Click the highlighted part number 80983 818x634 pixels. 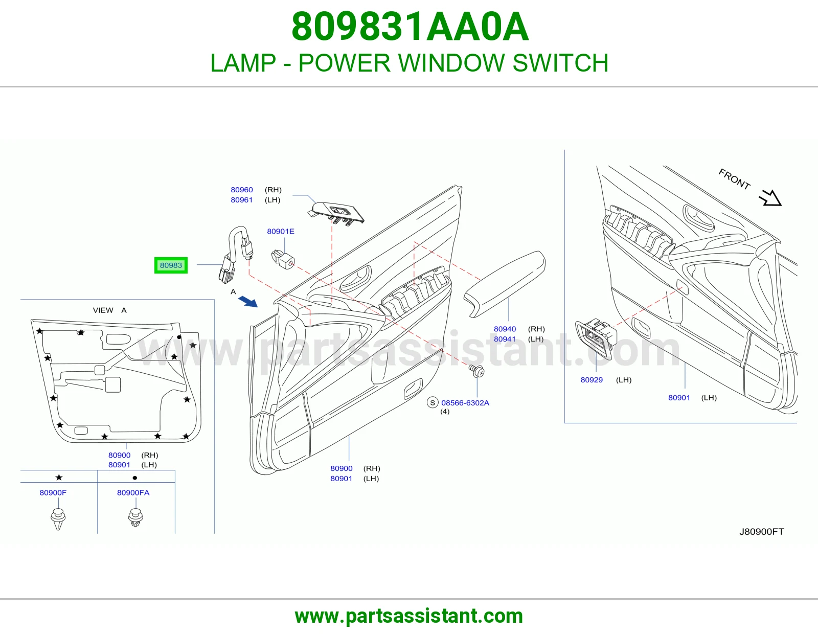coord(171,265)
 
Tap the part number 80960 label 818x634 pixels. coord(242,190)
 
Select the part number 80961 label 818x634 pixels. coord(242,200)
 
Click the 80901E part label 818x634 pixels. coord(281,232)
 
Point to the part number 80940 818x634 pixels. coord(505,329)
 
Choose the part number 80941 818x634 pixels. coord(505,339)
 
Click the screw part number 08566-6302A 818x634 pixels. coord(465,403)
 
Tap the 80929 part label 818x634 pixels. coord(592,380)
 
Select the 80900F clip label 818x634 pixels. coord(53,493)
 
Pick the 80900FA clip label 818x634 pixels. coord(133,493)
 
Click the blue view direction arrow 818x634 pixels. coord(248,301)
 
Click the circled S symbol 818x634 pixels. coord(433,403)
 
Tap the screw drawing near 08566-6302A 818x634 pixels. coord(477,371)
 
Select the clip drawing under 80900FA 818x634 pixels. coord(135,517)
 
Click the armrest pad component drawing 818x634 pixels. coord(505,284)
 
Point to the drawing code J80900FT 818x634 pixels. coord(762,532)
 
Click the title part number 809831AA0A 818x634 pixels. coord(410,27)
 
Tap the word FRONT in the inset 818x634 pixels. coord(735,179)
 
